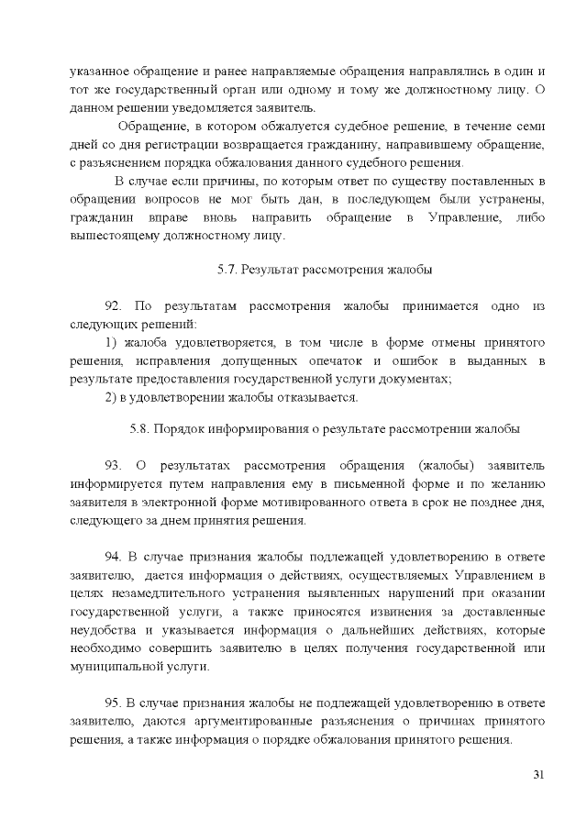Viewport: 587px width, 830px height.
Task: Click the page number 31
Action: click(x=538, y=775)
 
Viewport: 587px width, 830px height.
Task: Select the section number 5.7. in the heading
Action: click(x=227, y=270)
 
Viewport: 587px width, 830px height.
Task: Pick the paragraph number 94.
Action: click(x=115, y=556)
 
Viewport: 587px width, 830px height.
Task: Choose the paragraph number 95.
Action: click(x=115, y=703)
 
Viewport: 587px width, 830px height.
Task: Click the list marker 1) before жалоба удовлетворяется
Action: click(x=111, y=342)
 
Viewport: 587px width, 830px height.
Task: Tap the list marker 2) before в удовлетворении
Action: click(x=111, y=397)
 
